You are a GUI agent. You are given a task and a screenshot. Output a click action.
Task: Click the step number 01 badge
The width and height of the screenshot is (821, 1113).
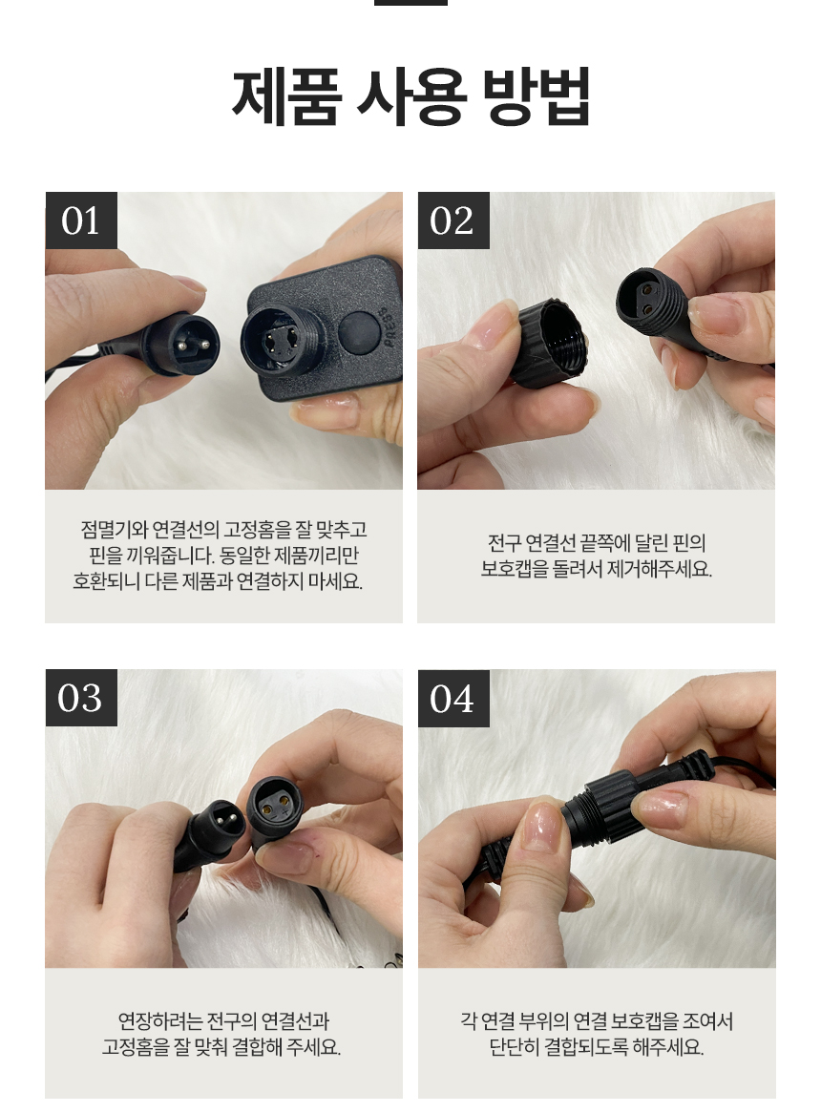pyautogui.click(x=81, y=220)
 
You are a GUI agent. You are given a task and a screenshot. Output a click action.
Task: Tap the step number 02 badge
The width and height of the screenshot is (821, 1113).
pyautogui.click(x=453, y=220)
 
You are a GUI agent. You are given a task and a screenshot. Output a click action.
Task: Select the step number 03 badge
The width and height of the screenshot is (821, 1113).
pyautogui.click(x=81, y=698)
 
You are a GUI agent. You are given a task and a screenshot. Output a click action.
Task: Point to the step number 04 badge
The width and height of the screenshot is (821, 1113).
pyautogui.click(x=453, y=699)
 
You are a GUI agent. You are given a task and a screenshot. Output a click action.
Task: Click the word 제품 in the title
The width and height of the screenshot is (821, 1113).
pyautogui.click(x=287, y=97)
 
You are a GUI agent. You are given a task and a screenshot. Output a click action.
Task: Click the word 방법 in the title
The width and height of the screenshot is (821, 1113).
pyautogui.click(x=537, y=97)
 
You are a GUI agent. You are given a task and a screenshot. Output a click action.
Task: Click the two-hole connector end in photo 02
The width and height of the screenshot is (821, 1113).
pyautogui.click(x=650, y=303)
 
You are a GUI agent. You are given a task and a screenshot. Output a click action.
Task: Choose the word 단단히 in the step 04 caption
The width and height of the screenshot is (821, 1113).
pyautogui.click(x=515, y=1047)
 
